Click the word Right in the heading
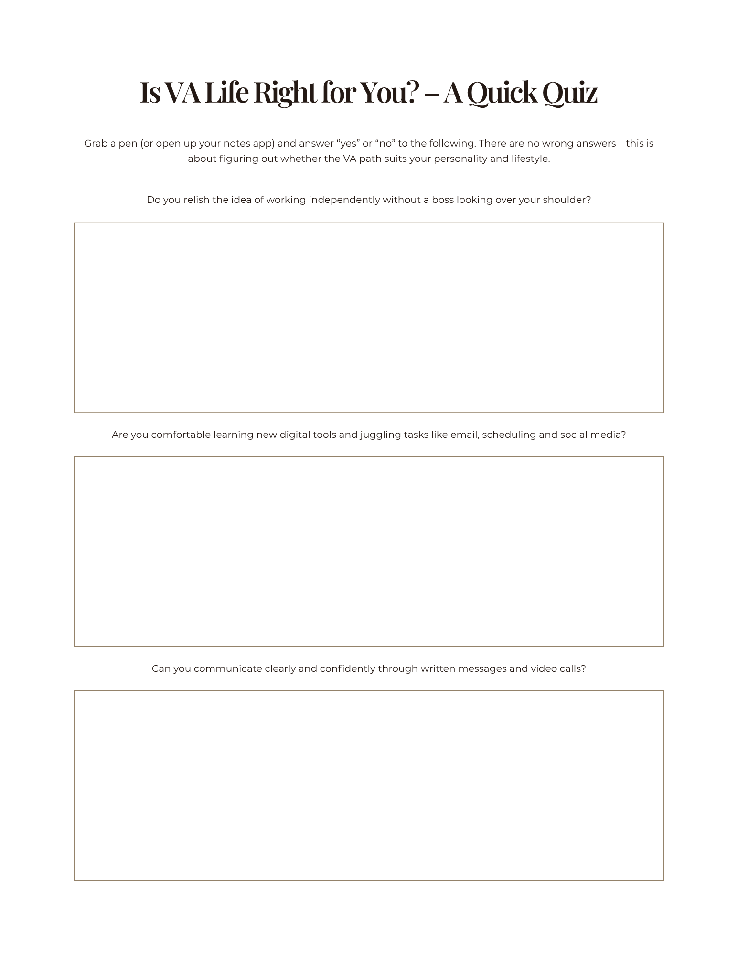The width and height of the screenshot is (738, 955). [x=285, y=93]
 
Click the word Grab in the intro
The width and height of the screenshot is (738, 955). [x=96, y=144]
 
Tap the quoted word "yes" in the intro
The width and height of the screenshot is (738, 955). [x=348, y=144]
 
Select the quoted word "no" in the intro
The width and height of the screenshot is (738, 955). [x=385, y=144]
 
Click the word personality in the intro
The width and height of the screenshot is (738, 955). [x=460, y=159]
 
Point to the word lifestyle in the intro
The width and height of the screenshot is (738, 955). [x=530, y=159]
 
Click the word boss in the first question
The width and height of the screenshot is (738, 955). [x=442, y=200]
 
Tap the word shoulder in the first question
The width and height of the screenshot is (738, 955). [x=567, y=200]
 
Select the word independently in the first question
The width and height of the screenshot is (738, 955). [x=344, y=200]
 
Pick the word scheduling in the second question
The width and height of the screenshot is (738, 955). [x=509, y=435]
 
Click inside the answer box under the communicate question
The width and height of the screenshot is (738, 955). [x=369, y=785]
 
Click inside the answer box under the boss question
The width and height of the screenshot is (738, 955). [x=369, y=318]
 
